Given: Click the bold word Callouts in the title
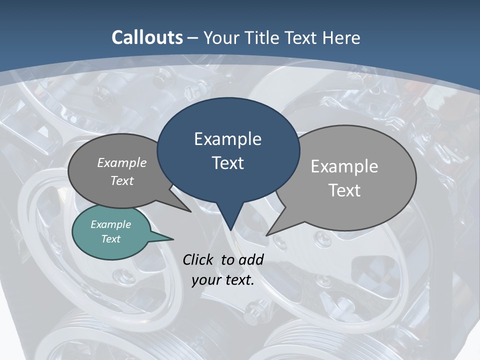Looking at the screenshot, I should pos(147,37).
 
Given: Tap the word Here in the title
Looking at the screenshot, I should pos(340,37).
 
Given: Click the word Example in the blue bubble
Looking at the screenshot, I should pos(227,138).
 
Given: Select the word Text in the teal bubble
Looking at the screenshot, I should pos(110,239).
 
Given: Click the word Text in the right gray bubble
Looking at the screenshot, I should pos(344,190).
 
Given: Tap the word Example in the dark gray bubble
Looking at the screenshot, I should pos(122,162).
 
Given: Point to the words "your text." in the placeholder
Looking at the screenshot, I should pos(223,279).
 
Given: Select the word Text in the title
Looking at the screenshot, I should pos(302,37).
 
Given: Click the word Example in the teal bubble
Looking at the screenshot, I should pos(110,224).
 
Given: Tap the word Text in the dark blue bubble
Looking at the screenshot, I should pos(227,162).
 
